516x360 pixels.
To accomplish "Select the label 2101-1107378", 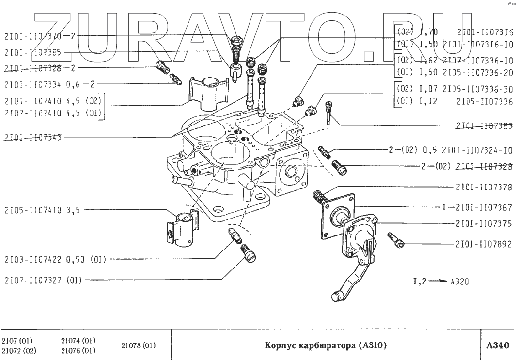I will [484, 187].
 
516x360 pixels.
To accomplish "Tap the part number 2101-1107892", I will [484, 245].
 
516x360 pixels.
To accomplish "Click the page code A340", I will [498, 346].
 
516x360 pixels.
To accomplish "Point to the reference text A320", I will [459, 281].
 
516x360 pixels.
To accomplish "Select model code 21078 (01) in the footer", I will [139, 345].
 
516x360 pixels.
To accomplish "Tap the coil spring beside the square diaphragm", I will [318, 197].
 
